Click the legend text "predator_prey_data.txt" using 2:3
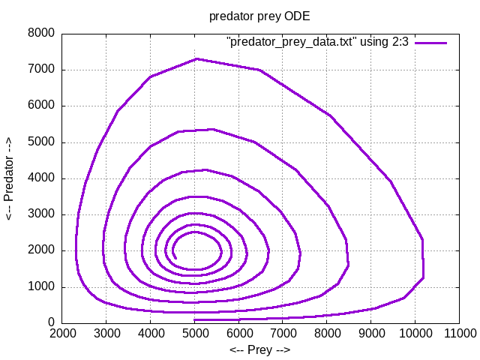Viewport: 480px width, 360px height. (317, 43)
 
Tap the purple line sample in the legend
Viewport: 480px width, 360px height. (432, 43)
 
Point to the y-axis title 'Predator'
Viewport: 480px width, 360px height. (10, 178)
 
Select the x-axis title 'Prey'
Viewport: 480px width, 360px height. (259, 349)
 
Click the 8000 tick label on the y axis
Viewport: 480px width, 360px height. (41, 33)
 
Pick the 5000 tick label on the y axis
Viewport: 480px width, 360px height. (41, 142)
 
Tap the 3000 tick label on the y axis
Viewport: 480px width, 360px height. (41, 214)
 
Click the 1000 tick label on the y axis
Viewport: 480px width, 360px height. (41, 287)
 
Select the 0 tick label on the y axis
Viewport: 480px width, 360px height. (51, 323)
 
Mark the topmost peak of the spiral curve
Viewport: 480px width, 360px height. (196, 58)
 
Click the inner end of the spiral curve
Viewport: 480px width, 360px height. (175, 258)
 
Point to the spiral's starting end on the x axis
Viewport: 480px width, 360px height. (195, 320)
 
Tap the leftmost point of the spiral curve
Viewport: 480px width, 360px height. (76, 247)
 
